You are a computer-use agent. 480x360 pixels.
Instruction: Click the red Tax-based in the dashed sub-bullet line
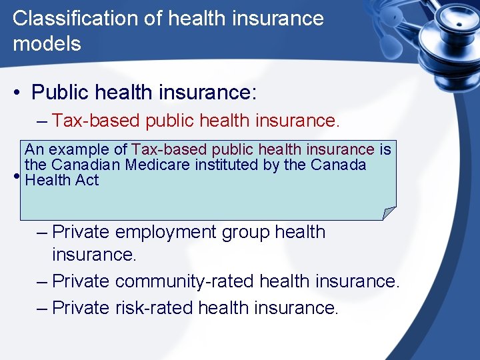95,121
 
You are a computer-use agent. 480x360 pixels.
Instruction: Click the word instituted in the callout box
225,165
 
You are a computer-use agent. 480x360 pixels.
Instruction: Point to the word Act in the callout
87,180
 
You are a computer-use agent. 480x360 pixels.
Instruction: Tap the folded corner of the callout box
389,213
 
